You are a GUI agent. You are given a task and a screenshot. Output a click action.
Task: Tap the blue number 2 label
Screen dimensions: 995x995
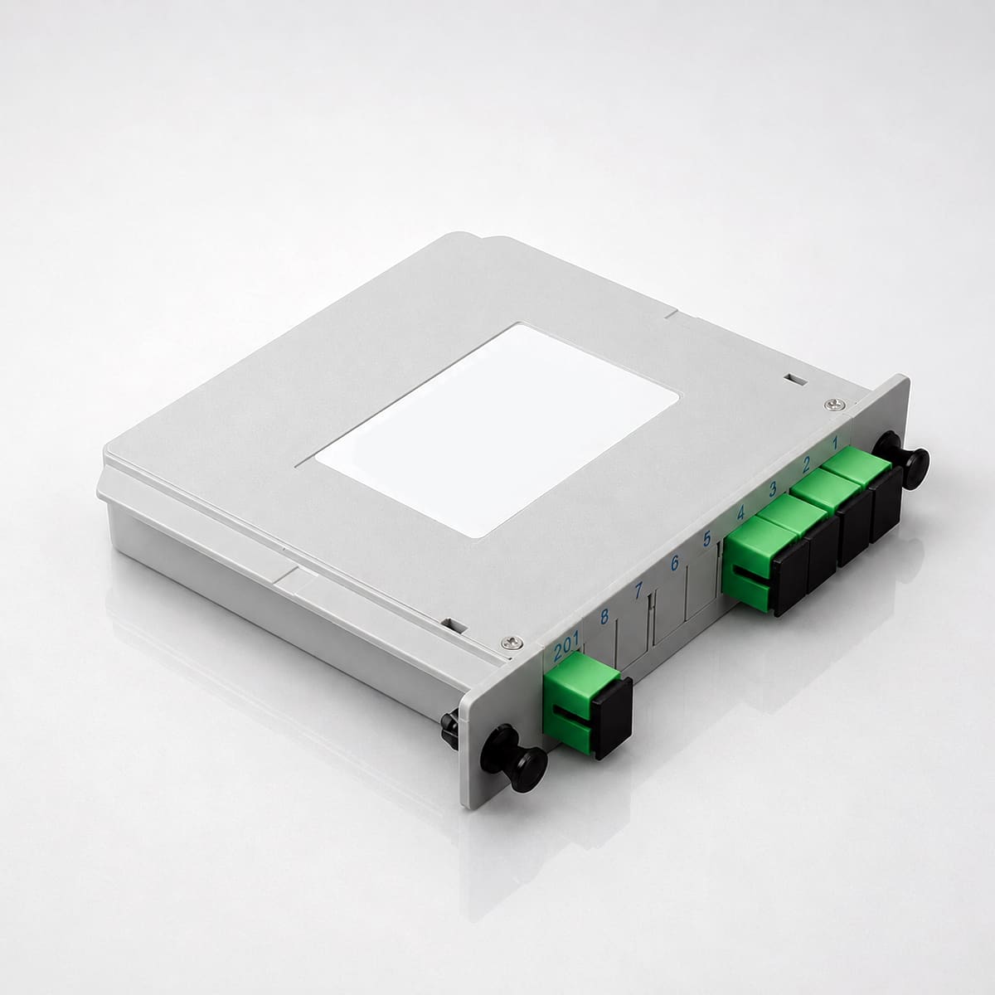click(806, 465)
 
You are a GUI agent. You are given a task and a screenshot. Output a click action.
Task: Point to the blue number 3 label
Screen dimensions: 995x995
click(773, 488)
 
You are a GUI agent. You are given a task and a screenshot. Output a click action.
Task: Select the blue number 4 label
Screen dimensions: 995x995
click(741, 512)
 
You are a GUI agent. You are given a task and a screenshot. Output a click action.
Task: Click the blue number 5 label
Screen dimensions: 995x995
click(707, 538)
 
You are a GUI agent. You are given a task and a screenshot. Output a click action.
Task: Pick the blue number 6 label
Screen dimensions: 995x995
click(674, 563)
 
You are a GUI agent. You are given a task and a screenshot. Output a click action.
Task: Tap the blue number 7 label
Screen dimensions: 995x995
click(639, 590)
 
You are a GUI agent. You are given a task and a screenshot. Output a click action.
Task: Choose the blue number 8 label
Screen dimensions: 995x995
click(604, 617)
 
